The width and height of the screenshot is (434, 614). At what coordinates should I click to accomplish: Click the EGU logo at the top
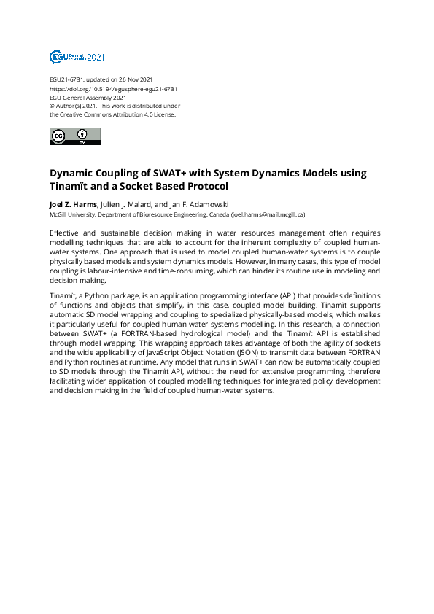77,57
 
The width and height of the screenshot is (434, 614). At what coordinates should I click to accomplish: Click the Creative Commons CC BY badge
75,136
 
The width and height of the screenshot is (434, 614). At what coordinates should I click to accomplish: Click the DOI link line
114,89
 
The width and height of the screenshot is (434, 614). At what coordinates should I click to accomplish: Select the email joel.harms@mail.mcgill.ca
268,215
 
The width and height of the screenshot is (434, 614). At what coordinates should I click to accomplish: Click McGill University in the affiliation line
71,215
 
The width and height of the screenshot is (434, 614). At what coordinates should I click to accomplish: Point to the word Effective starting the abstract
66,232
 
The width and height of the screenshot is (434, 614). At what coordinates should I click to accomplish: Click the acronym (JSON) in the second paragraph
247,351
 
